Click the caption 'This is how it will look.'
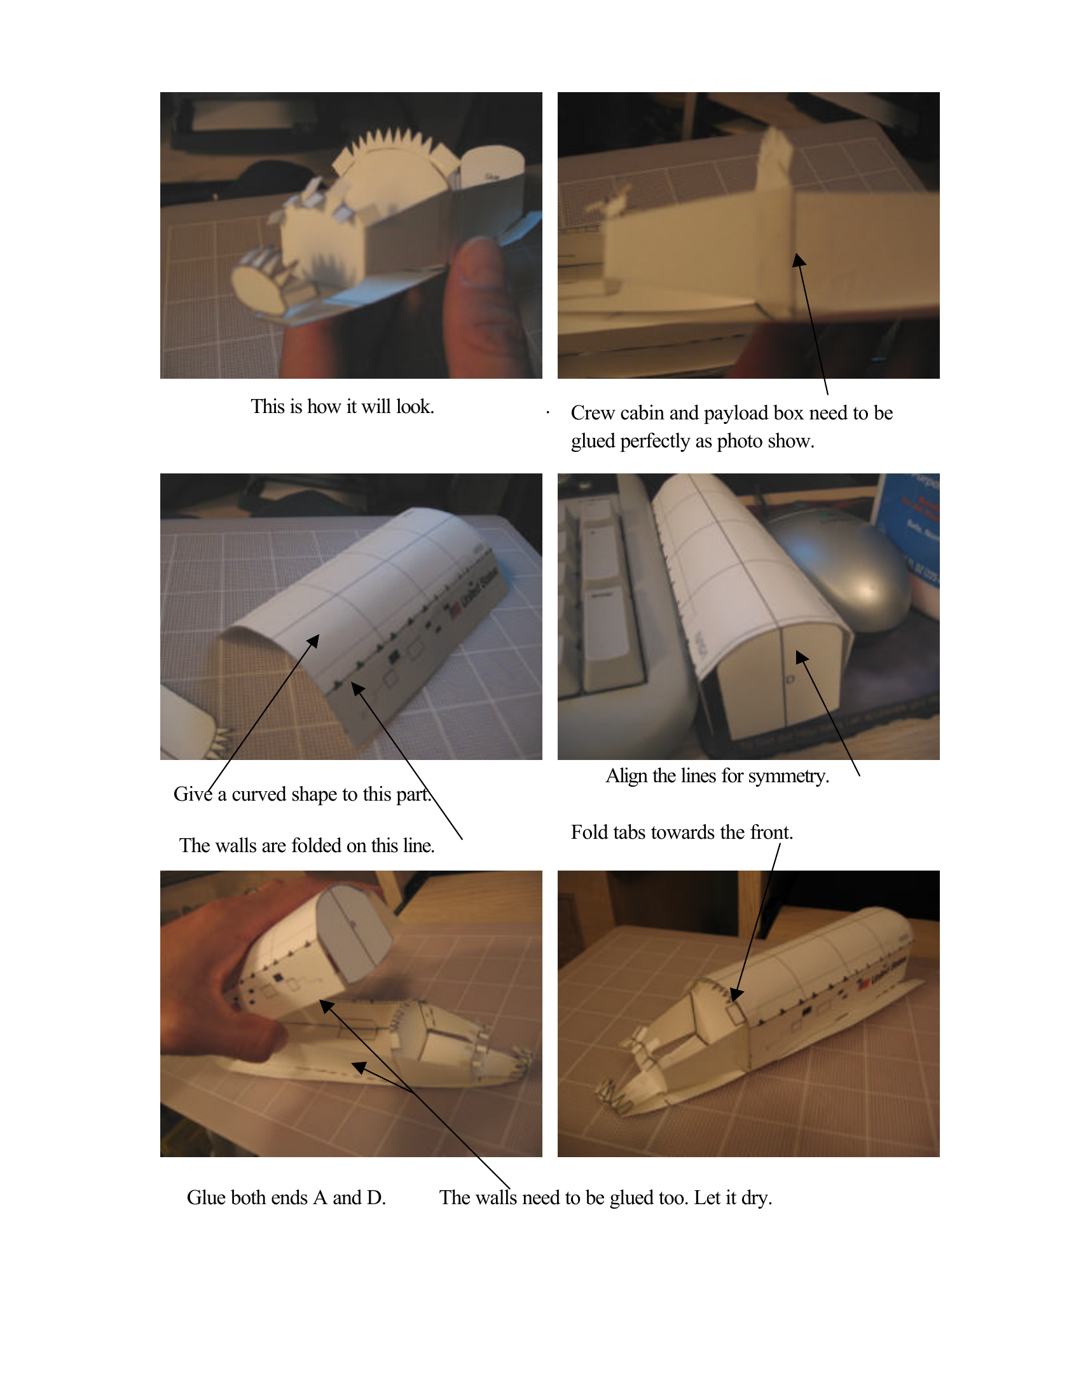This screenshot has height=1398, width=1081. pyautogui.click(x=342, y=407)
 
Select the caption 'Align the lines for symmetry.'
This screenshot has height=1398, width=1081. pyautogui.click(x=717, y=776)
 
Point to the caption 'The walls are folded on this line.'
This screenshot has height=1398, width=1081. pyautogui.click(x=306, y=846)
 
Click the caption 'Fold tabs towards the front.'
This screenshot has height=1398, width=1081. pyautogui.click(x=682, y=832)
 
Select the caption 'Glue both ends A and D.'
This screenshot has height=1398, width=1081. pyautogui.click(x=286, y=1198)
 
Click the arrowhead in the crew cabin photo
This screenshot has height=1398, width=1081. pyautogui.click(x=798, y=260)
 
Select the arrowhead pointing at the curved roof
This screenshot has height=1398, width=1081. pyautogui.click(x=313, y=639)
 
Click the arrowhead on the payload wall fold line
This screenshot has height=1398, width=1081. pyautogui.click(x=357, y=688)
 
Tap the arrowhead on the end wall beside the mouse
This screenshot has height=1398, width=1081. pyautogui.click(x=801, y=656)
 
